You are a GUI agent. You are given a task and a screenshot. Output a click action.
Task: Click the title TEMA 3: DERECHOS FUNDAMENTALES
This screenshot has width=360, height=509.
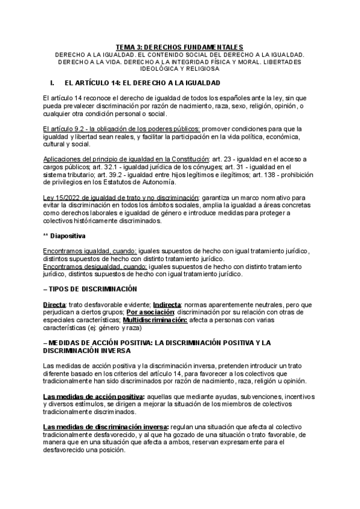click(x=179, y=47)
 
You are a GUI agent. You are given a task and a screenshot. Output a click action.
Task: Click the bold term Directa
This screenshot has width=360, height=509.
click(x=55, y=304)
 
